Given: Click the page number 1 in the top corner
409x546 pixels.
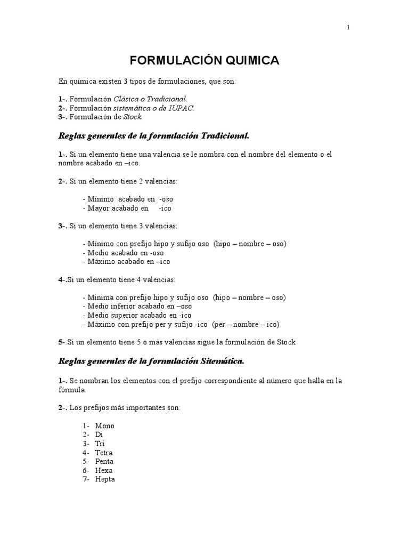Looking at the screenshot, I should [348, 28].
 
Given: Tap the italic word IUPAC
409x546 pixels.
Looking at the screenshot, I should [183, 108].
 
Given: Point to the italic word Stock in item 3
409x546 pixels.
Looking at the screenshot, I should [133, 117].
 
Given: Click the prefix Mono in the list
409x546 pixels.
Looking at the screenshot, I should [104, 426].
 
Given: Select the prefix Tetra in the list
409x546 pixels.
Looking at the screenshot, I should [104, 453].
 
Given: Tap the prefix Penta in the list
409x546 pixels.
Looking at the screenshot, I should [104, 461].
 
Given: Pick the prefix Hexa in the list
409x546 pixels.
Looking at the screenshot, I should [104, 470].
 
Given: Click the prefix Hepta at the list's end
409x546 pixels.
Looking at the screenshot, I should [105, 479].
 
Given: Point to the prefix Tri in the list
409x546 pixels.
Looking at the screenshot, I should [100, 444].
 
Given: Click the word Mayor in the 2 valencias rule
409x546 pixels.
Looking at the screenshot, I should [99, 208].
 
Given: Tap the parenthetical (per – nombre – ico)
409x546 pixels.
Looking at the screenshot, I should [246, 324].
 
